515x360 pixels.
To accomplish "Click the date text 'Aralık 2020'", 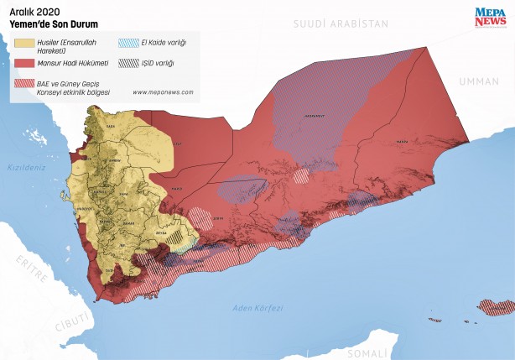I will [x=34, y=12].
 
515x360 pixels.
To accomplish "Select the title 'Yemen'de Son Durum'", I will [x=51, y=24].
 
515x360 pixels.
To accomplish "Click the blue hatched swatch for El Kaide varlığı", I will [x=127, y=42].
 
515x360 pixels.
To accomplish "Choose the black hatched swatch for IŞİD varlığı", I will [x=127, y=62].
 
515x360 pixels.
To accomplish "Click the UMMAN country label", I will [x=478, y=81].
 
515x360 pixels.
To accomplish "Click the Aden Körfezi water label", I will [x=257, y=308].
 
